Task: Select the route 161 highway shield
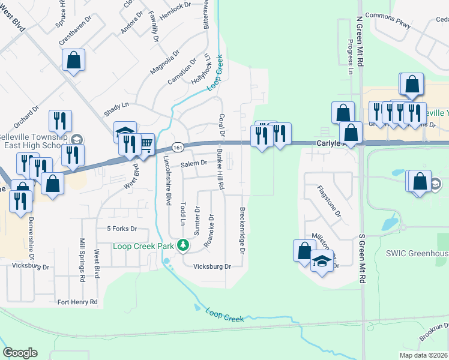[176, 147]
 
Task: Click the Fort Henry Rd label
[77, 302]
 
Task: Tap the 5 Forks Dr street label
[122, 229]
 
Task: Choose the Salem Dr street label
[194, 163]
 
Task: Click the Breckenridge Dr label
[242, 230]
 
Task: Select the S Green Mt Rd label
[362, 259]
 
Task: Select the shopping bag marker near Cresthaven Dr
[73, 60]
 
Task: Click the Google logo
[20, 353]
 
